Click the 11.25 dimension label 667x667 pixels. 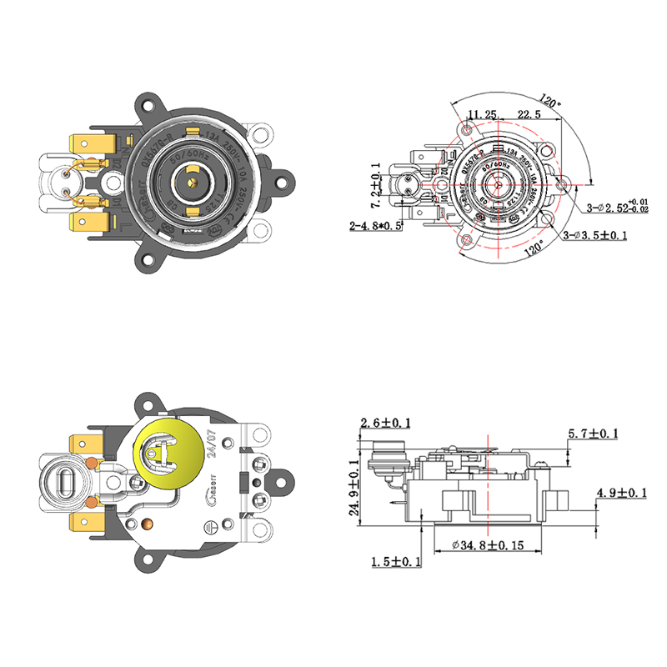point(482,114)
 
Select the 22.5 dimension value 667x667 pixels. point(528,114)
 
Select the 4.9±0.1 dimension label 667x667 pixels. point(621,494)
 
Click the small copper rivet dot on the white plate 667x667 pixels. point(149,524)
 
